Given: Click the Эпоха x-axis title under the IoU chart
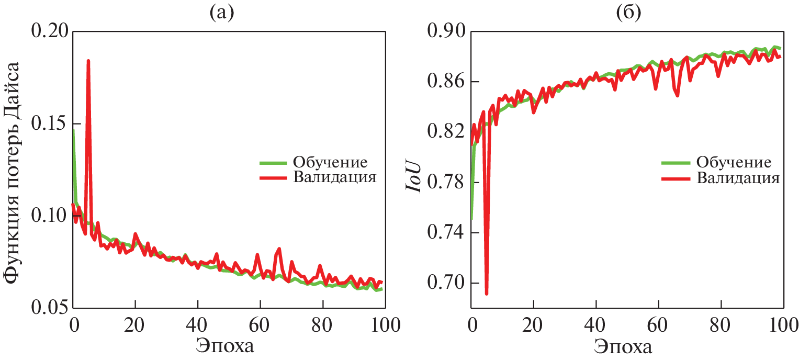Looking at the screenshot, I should [x=623, y=346].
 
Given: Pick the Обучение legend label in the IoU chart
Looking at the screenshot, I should [x=733, y=161].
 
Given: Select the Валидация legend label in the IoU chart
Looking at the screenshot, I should [x=737, y=177].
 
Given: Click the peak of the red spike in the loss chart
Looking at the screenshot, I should [x=88, y=61].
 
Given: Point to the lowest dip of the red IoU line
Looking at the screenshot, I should [x=487, y=294].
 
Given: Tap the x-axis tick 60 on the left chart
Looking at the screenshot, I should [x=260, y=320].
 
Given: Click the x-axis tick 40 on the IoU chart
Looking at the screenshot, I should [x=596, y=320].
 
